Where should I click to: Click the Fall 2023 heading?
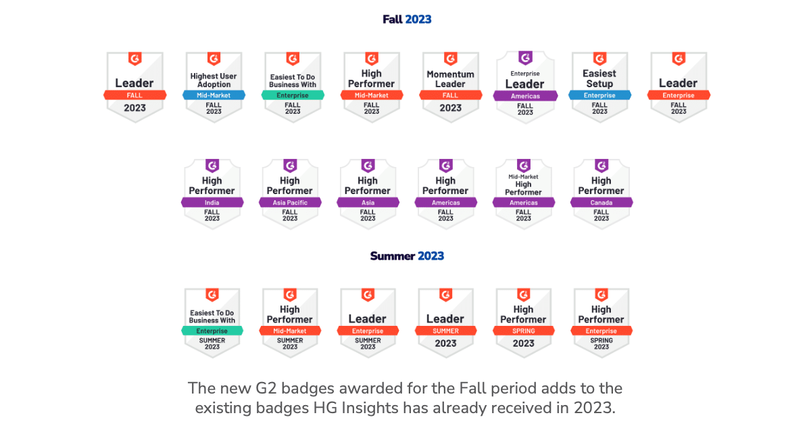coord(407,19)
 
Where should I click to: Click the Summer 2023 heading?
coord(407,256)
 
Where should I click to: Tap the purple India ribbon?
coord(212,202)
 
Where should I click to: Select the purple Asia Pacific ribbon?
coord(290,202)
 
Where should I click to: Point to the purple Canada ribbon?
coord(601,202)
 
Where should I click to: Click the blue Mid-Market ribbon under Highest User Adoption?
coord(214,95)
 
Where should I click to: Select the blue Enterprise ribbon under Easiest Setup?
coord(599,95)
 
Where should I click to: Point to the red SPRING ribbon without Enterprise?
coord(523,331)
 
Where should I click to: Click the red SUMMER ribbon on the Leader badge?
coord(445,331)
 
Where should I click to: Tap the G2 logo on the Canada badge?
coord(601,166)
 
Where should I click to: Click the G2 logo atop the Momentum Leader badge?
coord(450,59)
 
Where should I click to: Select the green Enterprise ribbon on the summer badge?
coord(212,331)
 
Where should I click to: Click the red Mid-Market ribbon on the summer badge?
coord(290,331)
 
